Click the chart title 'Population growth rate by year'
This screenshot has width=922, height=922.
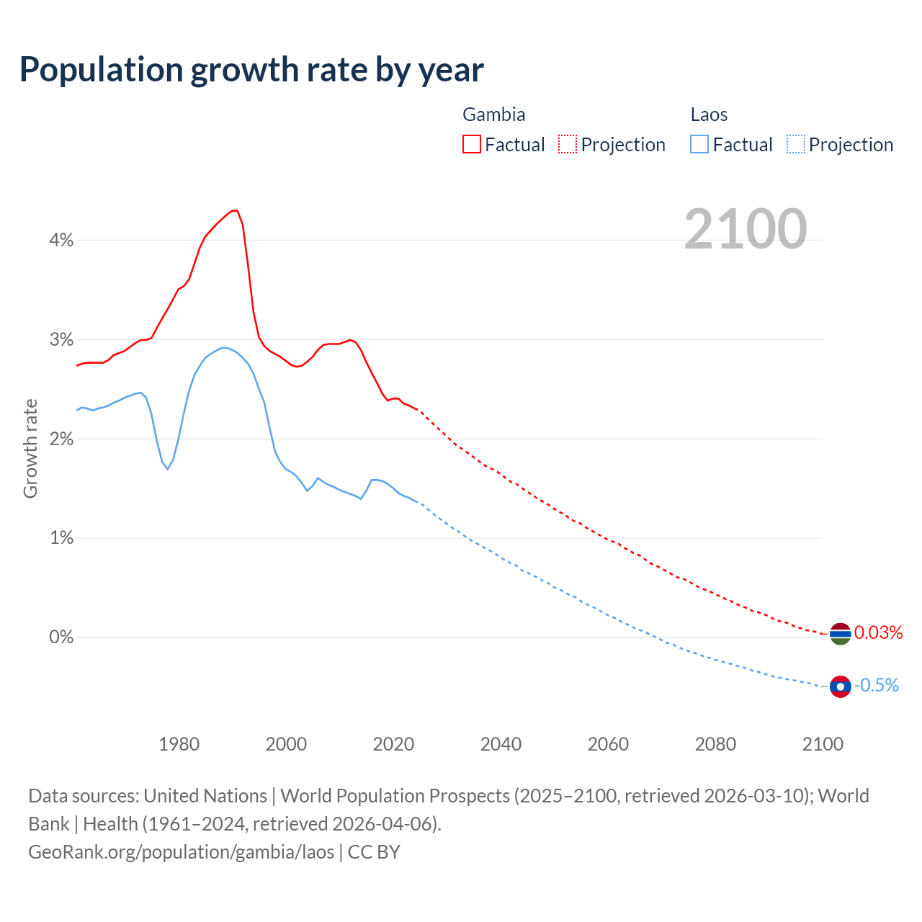[x=251, y=70]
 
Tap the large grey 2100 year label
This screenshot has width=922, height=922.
[x=746, y=229]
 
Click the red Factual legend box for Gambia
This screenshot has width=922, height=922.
[x=472, y=144]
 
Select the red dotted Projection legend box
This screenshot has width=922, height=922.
[x=568, y=144]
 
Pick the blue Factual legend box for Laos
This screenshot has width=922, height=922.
[x=699, y=144]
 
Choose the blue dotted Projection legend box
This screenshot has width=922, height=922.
[x=796, y=144]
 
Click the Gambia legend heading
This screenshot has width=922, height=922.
[x=493, y=115]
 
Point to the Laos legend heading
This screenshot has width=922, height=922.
[x=709, y=115]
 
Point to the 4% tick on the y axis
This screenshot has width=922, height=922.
[x=61, y=240]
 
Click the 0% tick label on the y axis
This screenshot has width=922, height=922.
[x=61, y=637]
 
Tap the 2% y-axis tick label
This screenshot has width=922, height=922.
[x=61, y=439]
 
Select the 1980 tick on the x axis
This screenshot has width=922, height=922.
[x=179, y=744]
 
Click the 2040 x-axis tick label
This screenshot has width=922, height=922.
[x=501, y=744]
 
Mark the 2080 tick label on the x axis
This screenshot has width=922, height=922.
[x=715, y=744]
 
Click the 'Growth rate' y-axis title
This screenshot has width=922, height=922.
[x=30, y=448]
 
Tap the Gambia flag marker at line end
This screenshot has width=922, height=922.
[x=840, y=634]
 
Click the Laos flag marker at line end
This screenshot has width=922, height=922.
[x=840, y=686]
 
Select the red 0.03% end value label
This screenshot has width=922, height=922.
[x=878, y=632]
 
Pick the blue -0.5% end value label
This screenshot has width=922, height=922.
[x=876, y=685]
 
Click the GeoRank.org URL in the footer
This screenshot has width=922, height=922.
[x=181, y=852]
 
